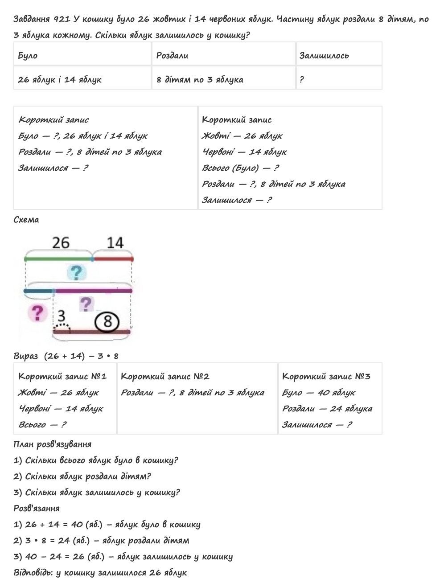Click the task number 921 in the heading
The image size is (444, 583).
pos(61,19)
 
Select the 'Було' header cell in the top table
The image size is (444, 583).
pos(28,56)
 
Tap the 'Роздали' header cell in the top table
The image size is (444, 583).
pos(172,56)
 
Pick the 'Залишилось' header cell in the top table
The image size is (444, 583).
pos(324,56)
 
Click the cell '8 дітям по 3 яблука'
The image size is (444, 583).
pos(200,80)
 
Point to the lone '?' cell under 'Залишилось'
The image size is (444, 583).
pos(302,80)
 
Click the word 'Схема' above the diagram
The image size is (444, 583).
pos(26,220)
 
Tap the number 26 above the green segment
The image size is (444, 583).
pos(61,243)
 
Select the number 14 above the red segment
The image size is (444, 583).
pos(115,243)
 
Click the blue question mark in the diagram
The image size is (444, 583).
pos(77,272)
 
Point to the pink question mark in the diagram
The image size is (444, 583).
pos(37,312)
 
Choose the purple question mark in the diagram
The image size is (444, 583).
pos(86,304)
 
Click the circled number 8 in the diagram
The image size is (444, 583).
pos(107,321)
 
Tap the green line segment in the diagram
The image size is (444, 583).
pos(58,259)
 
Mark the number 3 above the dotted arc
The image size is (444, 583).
pos(61,316)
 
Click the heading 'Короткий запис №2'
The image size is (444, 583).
pos(165,377)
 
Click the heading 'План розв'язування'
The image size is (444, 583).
pos(53,444)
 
